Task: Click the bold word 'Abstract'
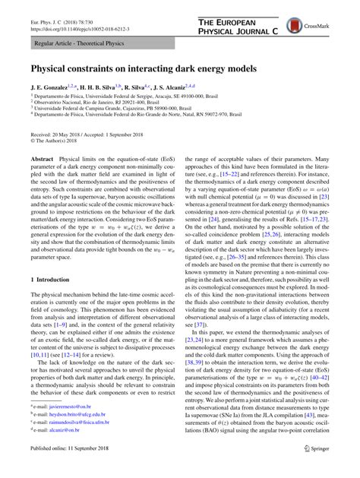coord(42,160)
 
